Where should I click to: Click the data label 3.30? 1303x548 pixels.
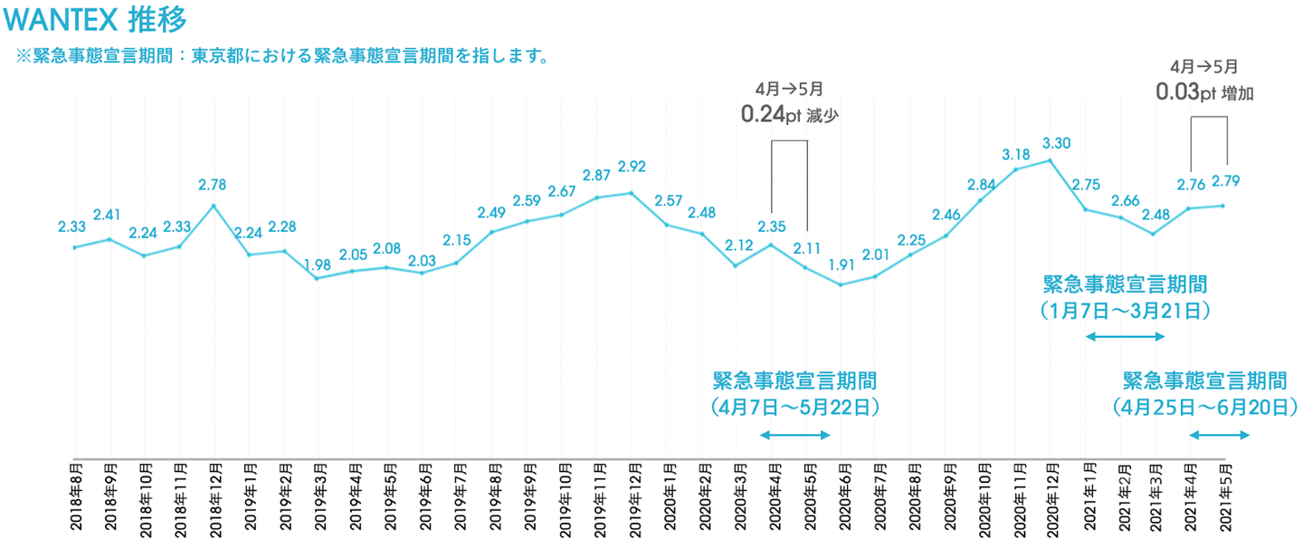coord(1057,143)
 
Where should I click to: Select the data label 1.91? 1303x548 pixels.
coord(842,265)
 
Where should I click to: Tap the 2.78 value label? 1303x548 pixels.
coord(214,185)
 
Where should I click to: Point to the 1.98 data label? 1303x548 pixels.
coord(318,264)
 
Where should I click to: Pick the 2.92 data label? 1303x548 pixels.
coord(632,167)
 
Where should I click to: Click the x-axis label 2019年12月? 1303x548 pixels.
coord(632,494)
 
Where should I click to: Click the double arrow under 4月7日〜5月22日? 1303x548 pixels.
coord(794,436)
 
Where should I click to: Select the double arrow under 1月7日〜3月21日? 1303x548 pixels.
coord(1125,337)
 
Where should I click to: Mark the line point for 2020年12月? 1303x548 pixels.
coord(1051,160)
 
